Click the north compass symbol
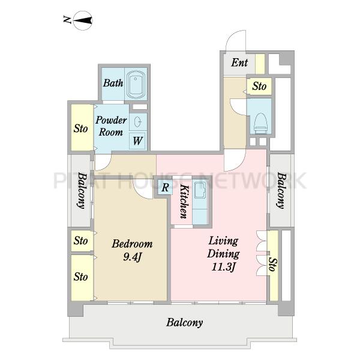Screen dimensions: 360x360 pyautogui.click(x=83, y=20)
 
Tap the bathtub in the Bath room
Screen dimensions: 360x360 pyautogui.click(x=136, y=84)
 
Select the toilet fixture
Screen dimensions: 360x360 pyautogui.click(x=261, y=123)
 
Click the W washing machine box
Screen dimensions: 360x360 pyautogui.click(x=137, y=141)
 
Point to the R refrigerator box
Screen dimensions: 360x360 pyautogui.click(x=165, y=187)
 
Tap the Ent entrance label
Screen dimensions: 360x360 pyautogui.click(x=239, y=62)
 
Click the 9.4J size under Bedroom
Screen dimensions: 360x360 pyautogui.click(x=132, y=257)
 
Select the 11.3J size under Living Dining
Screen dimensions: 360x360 pyautogui.click(x=224, y=267)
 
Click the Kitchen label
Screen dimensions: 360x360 pyautogui.click(x=184, y=202)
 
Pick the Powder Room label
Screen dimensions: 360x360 pyautogui.click(x=111, y=126)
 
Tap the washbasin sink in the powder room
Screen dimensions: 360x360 pyautogui.click(x=138, y=122)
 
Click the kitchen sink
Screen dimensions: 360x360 pyautogui.click(x=200, y=190)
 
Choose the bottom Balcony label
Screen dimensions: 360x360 pyautogui.click(x=185, y=323)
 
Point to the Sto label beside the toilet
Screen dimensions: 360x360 pyautogui.click(x=259, y=86)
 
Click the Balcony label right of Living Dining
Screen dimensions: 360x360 pyautogui.click(x=281, y=191)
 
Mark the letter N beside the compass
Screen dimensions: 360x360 pyautogui.click(x=67, y=20)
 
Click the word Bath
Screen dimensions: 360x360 pyautogui.click(x=113, y=83)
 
